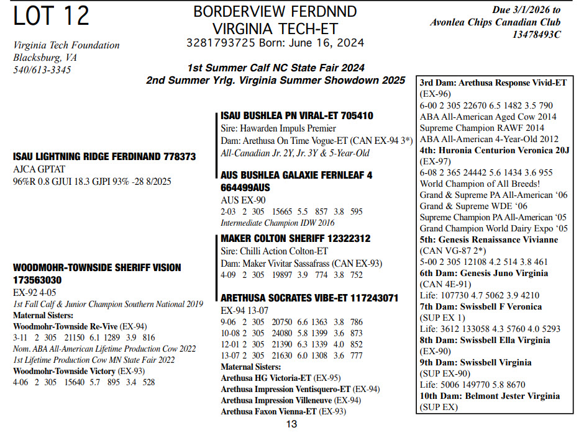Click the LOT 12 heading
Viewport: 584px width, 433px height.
click(52, 17)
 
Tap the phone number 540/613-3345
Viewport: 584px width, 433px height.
click(42, 70)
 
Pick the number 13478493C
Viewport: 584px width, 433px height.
click(537, 35)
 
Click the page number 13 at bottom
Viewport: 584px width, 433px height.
click(291, 424)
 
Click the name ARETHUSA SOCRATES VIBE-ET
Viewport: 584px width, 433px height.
click(281, 298)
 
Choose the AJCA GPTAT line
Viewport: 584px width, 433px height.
click(39, 169)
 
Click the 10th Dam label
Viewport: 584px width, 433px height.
click(439, 396)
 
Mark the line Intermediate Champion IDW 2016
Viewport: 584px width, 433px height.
click(277, 223)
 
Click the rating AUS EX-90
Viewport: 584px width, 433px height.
click(244, 200)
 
